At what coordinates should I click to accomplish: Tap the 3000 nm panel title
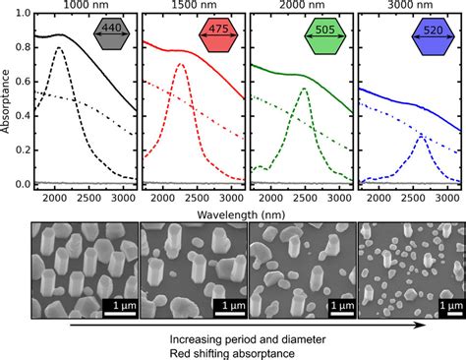tap(404, 6)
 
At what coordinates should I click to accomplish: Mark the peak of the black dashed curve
tap(59, 47)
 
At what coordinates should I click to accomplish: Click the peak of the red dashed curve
tap(180, 65)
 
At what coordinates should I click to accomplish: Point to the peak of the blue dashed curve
tap(420, 136)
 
